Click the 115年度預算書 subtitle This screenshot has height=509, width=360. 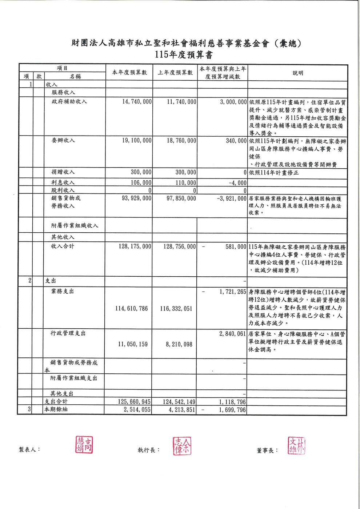point(183,55)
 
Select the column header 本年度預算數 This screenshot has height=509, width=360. point(129,73)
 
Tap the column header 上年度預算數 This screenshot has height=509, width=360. point(175,73)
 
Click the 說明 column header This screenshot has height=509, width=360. point(298,73)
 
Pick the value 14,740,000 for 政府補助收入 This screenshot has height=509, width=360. point(137,102)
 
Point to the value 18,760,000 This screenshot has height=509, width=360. point(181,141)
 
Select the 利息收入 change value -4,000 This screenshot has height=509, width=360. point(238,183)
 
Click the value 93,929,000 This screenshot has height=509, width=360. point(137,199)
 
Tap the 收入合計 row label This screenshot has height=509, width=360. point(63,247)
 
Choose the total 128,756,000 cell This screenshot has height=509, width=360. point(180,247)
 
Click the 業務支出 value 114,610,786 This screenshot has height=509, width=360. point(132,309)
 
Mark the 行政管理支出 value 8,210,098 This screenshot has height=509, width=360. point(179,344)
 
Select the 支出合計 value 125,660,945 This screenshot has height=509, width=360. point(134,402)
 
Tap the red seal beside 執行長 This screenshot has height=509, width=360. point(182,446)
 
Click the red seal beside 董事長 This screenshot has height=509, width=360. point(297,446)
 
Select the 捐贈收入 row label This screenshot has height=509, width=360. point(63,172)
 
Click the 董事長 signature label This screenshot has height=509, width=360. point(267,450)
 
